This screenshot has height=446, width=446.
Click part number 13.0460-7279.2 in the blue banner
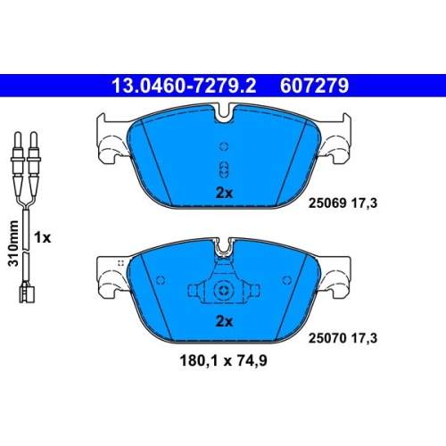click(184, 86)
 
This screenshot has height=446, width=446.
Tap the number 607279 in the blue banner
click(314, 86)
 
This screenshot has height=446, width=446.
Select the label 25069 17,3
click(343, 203)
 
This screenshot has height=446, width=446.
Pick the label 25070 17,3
click(343, 338)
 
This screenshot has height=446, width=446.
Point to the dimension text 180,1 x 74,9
click(223, 360)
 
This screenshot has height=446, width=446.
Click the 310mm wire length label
click(13, 244)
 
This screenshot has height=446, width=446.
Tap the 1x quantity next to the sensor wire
click(42, 237)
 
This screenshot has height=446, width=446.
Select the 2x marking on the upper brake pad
click(224, 194)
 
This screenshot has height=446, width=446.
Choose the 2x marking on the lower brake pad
click(224, 321)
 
